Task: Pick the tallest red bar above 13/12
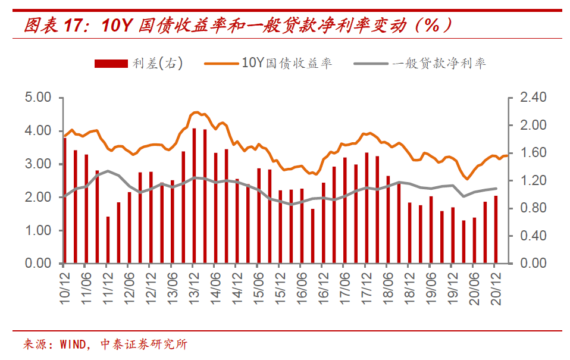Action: (x=194, y=196)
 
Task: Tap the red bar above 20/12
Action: (x=496, y=230)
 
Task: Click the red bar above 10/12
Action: (x=65, y=201)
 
